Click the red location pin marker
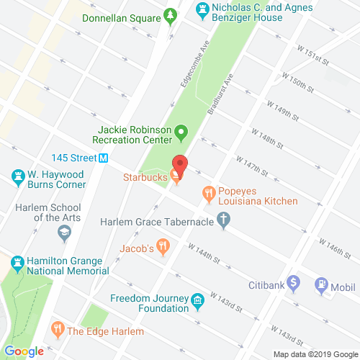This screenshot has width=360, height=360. click(x=180, y=166)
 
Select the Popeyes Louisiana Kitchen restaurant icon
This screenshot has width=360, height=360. click(x=209, y=192)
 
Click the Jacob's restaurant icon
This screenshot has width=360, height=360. click(x=163, y=248)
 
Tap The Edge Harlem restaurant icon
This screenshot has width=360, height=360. click(x=57, y=331)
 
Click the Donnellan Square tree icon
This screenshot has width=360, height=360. click(x=171, y=14)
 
